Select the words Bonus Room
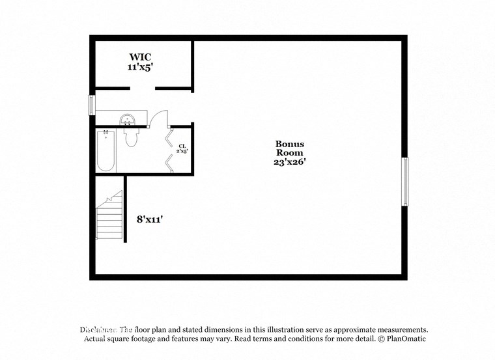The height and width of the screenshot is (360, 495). pos(289,149)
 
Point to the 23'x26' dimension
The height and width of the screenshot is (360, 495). pos(289,163)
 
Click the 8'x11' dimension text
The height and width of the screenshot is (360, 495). pos(149,219)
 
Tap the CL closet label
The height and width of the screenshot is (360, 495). pos(183,146)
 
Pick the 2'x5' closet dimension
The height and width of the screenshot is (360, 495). pos(183,152)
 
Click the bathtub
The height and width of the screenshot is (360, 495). pos(106,151)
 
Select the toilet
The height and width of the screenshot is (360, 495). pos(131,137)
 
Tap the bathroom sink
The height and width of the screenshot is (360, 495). pos(127,119)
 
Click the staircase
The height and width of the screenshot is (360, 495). pos(109,217)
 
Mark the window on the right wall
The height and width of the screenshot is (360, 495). pos(404,180)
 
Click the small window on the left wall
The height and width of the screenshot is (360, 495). pos(92,105)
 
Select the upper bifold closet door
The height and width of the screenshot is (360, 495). pos(170,137)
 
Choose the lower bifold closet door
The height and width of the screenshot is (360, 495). pos(170,161)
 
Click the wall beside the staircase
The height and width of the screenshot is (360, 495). pos(125,208)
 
